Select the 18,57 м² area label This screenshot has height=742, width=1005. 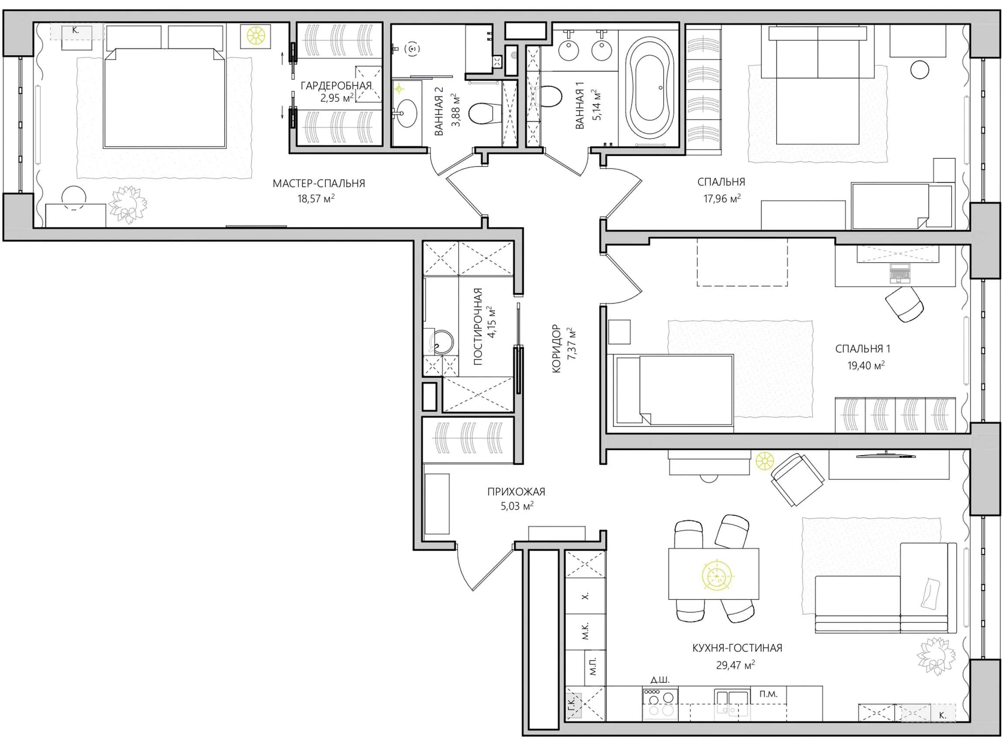(316, 198)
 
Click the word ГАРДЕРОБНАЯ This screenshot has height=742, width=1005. (336, 85)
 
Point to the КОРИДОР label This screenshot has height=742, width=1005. (557, 348)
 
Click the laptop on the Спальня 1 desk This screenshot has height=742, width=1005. (900, 274)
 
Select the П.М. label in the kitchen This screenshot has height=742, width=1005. (768, 694)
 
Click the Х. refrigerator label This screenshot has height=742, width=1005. (585, 596)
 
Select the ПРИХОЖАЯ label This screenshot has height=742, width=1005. (516, 492)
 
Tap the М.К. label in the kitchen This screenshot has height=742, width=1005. (585, 631)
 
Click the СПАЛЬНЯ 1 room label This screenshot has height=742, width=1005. (863, 349)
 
